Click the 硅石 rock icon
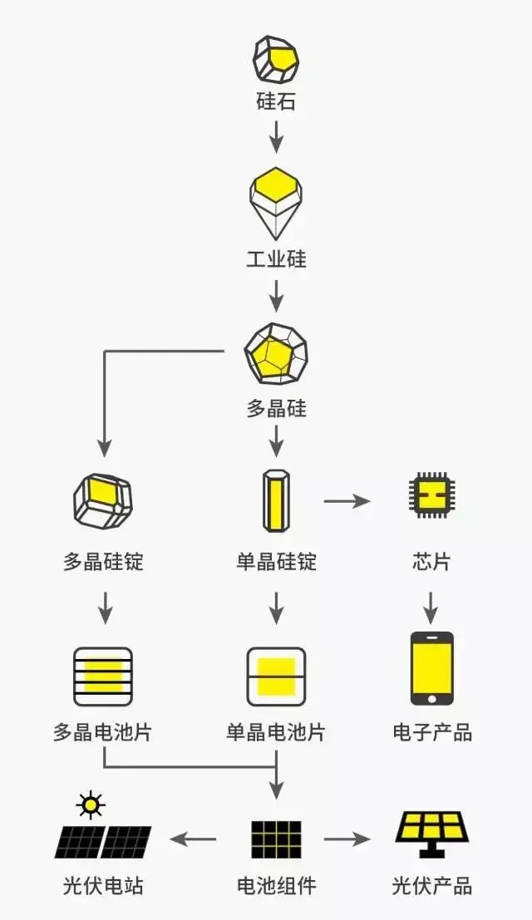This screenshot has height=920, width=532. [276, 59]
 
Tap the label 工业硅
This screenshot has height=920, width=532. [276, 258]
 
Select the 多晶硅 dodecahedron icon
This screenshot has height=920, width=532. [276, 353]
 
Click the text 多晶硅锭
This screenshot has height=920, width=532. [103, 562]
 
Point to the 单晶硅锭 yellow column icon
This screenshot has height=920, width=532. [276, 500]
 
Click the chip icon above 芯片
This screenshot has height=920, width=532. [431, 494]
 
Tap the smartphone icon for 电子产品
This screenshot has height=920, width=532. [431, 668]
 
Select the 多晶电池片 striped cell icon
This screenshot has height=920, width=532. [103, 676]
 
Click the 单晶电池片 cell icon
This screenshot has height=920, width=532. [276, 676]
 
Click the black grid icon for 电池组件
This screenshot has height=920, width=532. [276, 839]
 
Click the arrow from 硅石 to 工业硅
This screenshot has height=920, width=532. [276, 136]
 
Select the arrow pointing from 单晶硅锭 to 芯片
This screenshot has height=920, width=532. [347, 501]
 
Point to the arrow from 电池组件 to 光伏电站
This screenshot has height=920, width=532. [193, 839]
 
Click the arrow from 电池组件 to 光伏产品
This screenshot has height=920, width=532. [347, 839]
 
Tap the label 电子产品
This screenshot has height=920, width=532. [432, 732]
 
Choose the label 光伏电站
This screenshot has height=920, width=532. [103, 885]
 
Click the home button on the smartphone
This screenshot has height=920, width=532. [431, 698]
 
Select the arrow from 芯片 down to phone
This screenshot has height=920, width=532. [431, 608]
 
